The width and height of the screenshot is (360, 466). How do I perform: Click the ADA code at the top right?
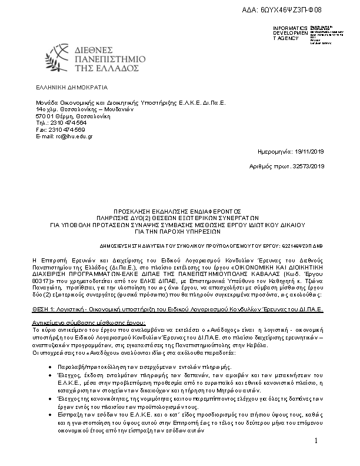299,11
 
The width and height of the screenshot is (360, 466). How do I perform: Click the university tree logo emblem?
64,58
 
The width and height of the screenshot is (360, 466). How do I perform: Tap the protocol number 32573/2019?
309,167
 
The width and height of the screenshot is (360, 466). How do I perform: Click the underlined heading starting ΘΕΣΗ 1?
176,308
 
